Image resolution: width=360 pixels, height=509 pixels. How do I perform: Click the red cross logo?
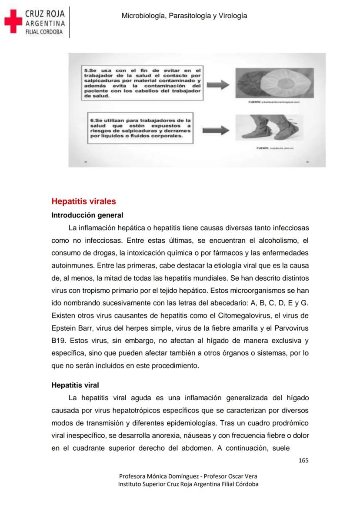13,21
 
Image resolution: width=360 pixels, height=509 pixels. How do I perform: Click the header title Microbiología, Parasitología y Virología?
184,16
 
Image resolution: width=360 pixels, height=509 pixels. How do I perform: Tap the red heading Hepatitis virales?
83,201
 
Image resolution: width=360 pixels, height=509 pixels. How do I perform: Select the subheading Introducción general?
87,215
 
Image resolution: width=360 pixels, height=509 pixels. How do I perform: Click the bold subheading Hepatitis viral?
75,385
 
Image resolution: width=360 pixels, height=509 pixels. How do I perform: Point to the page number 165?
303,460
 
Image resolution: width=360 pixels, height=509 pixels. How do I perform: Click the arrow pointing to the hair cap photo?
218,85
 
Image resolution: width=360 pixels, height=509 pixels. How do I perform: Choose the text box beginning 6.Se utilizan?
140,128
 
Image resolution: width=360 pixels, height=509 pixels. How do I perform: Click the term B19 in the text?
58,341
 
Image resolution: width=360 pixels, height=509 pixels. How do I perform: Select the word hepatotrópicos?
138,410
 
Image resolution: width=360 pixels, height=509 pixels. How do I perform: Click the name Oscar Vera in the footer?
241,476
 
